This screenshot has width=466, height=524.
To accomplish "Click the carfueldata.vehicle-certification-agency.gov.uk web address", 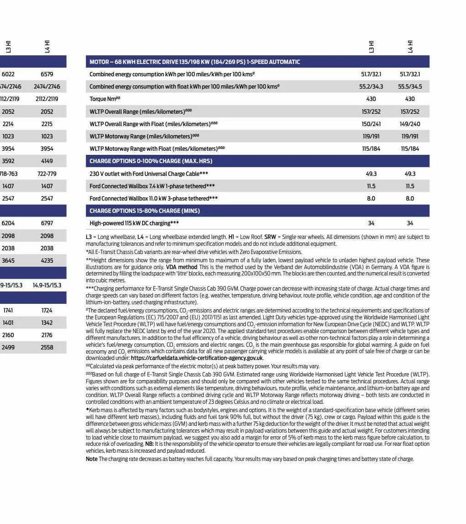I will [x=196, y=358].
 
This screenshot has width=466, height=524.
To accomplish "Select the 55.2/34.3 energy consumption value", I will [x=371, y=86].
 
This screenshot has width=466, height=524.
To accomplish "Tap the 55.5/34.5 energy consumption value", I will [x=410, y=86].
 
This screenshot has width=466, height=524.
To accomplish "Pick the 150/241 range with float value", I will [x=371, y=124].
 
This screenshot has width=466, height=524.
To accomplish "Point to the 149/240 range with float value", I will [x=410, y=124].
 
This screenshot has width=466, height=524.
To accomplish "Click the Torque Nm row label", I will [x=105, y=99].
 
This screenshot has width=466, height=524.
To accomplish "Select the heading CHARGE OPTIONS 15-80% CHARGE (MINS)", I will [x=144, y=211].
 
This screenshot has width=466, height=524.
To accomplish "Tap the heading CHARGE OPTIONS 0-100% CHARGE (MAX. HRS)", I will [x=151, y=161].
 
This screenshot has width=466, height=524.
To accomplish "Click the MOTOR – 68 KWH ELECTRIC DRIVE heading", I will [x=195, y=62].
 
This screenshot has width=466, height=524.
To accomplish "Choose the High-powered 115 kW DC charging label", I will [x=134, y=223].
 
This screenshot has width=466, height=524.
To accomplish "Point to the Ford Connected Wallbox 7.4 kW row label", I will [x=152, y=186].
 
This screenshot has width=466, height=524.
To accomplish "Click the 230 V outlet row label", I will [x=148, y=174].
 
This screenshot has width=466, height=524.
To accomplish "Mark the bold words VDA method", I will [x=178, y=266].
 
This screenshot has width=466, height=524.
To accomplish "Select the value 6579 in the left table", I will [x=47, y=74].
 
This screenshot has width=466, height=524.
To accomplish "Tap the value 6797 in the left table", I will [x=47, y=223].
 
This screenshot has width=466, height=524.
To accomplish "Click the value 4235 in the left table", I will [x=47, y=261].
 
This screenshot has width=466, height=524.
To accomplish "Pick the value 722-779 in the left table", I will [x=47, y=174].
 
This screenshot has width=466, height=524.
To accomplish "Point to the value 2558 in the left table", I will [x=47, y=348].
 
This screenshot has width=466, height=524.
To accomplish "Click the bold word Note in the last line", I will [x=91, y=459].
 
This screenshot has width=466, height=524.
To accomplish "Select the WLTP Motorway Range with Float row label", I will [x=157, y=149].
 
